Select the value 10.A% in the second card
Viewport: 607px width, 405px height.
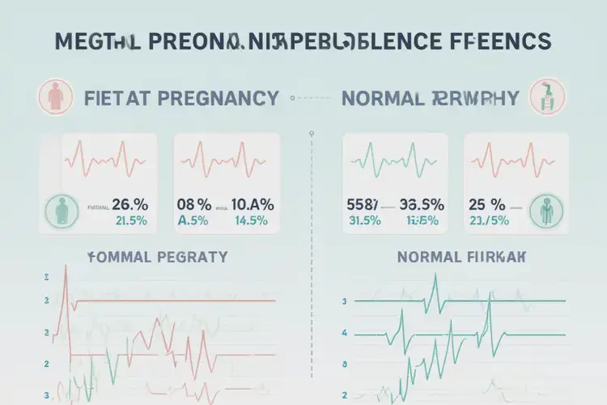click(252, 205)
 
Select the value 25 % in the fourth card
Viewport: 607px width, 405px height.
click(487, 205)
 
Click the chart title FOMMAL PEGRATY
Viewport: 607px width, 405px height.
click(156, 258)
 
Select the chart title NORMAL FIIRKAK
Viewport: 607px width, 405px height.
click(461, 258)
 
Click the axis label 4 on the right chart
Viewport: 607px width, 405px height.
click(345, 333)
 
